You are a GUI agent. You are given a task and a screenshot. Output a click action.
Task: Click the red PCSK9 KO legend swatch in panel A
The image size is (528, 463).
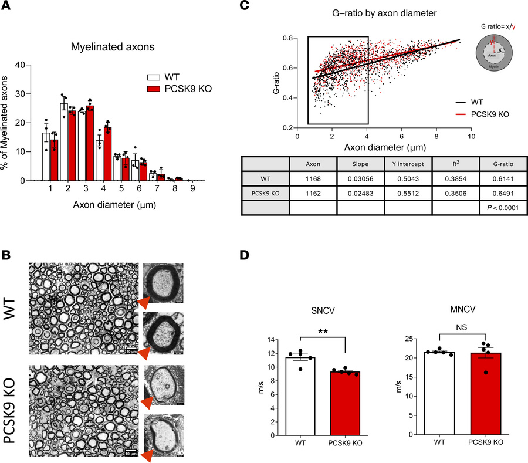pyautogui.click(x=154, y=89)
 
